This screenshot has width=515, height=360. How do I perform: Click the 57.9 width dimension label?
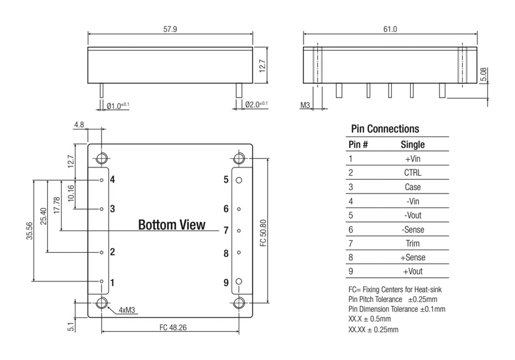tap(170, 29)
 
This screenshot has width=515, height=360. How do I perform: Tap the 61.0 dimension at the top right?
tap(390, 29)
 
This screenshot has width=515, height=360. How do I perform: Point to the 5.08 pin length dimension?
tap(484, 74)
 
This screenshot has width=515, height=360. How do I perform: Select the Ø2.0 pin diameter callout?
tap(256, 105)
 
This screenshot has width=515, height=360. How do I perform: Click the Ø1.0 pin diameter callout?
tap(118, 106)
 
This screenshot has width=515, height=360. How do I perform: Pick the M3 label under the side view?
tap(305, 105)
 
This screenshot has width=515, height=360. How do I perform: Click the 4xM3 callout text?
tap(127, 310)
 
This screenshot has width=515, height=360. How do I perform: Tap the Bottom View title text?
tap(172, 225)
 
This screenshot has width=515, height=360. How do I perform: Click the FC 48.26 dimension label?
tap(173, 328)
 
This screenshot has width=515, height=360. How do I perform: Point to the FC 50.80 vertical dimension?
tap(263, 233)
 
